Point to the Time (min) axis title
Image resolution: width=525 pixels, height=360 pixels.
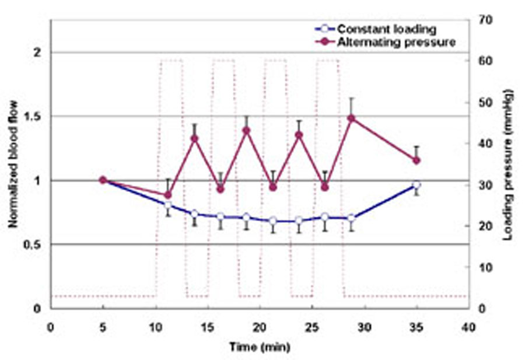click(x=260, y=347)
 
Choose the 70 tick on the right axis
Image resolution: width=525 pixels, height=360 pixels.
click(x=485, y=20)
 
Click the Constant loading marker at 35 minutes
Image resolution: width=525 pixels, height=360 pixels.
click(x=416, y=185)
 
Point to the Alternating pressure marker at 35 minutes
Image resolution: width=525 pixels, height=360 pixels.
click(x=416, y=160)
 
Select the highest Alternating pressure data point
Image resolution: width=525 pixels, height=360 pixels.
click(x=351, y=118)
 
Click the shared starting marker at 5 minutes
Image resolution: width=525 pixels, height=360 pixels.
click(x=103, y=180)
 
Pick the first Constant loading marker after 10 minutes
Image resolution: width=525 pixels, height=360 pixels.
click(x=168, y=205)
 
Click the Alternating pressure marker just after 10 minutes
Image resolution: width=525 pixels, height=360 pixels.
click(x=168, y=195)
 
